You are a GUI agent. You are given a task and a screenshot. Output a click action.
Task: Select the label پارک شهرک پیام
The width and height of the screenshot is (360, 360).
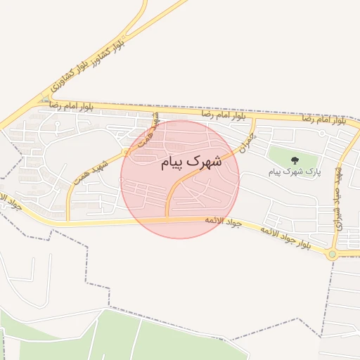(x=293, y=171)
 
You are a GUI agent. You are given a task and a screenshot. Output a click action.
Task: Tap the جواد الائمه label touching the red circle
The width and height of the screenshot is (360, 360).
(x=222, y=221)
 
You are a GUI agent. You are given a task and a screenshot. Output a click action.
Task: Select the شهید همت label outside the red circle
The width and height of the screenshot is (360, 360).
(x=90, y=173)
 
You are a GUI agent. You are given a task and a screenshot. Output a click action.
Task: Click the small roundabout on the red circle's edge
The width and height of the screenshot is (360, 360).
(x=124, y=151)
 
